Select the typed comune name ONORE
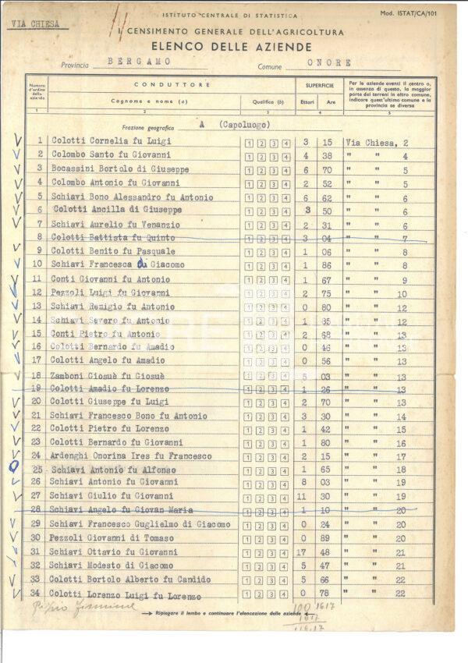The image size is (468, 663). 329,62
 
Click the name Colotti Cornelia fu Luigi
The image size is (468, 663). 112,141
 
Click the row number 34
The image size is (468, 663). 35,593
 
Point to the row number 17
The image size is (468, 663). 36,360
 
